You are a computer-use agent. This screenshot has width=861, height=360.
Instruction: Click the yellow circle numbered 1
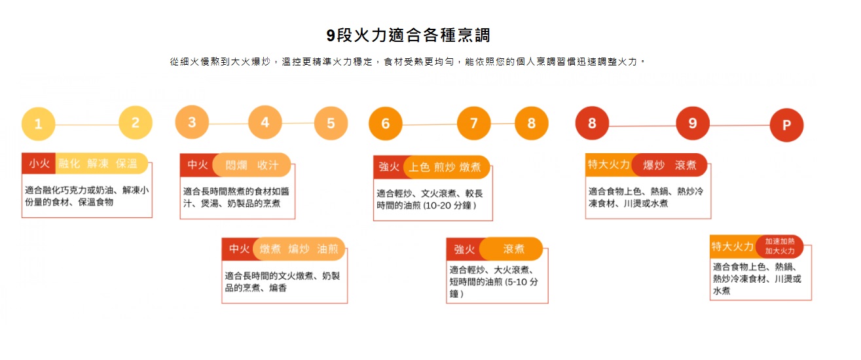click(x=39, y=124)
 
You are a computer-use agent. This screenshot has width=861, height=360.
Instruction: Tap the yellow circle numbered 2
click(x=136, y=122)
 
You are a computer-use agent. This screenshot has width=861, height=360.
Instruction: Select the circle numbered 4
click(x=265, y=122)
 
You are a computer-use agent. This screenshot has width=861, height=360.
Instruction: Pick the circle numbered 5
click(x=331, y=123)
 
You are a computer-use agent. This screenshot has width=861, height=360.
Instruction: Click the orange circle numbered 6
click(x=386, y=123)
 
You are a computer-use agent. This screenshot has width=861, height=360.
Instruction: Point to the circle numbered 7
click(x=474, y=123)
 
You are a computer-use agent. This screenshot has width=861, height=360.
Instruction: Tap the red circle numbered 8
click(x=592, y=123)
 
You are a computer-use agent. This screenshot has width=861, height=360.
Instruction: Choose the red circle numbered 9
click(x=693, y=123)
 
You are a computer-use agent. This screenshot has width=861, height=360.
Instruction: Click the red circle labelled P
click(x=786, y=125)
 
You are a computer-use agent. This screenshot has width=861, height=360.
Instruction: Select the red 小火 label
click(x=39, y=163)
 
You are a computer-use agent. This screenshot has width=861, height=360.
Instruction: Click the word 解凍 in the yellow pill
click(x=98, y=164)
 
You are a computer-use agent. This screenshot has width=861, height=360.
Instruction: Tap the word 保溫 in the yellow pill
click(x=126, y=164)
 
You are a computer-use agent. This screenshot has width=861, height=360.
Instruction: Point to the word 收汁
click(x=268, y=165)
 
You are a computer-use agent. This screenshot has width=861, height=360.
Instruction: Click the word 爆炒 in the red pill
click(x=654, y=165)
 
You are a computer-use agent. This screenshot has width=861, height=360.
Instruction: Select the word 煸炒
click(x=299, y=249)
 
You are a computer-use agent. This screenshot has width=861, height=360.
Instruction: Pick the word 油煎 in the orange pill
click(x=328, y=249)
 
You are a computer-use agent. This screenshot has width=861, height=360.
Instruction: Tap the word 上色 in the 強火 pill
click(x=419, y=167)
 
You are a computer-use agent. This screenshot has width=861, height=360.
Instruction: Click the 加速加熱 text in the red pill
click(x=780, y=242)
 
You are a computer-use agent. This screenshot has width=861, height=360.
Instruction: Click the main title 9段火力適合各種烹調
click(x=408, y=35)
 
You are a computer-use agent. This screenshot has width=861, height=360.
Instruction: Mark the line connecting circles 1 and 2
click(x=87, y=124)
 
